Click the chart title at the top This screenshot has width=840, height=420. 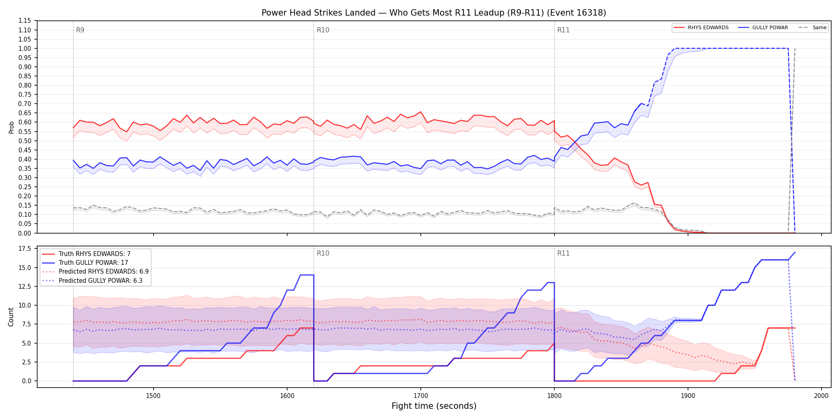point(434,13)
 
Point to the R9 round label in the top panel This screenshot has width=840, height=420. point(80,30)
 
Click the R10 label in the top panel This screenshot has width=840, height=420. point(323,30)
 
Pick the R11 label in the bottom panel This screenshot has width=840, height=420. point(563,253)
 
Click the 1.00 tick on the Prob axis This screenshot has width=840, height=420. point(25,48)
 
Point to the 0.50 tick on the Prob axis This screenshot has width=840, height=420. point(25,141)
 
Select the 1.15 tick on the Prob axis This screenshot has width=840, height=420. point(25,21)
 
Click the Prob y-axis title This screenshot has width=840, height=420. point(11,127)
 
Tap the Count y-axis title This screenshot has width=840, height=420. point(11,317)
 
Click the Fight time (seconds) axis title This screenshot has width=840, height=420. point(434,406)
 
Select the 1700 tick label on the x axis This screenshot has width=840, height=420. point(420,396)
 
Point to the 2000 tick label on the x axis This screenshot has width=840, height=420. point(821,396)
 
